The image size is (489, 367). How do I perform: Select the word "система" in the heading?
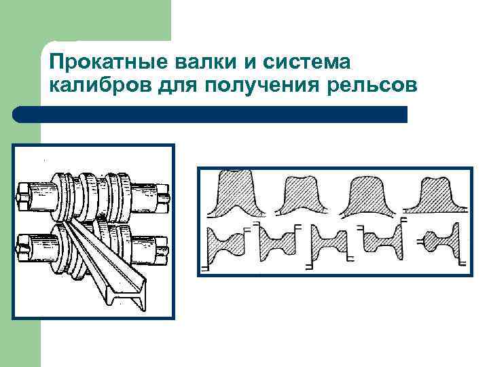click(x=306, y=63)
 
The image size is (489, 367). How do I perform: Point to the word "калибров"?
click(x=94, y=86)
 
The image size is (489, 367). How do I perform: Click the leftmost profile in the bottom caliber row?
click(x=229, y=247)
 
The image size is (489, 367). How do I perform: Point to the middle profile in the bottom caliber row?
click(x=328, y=243)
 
